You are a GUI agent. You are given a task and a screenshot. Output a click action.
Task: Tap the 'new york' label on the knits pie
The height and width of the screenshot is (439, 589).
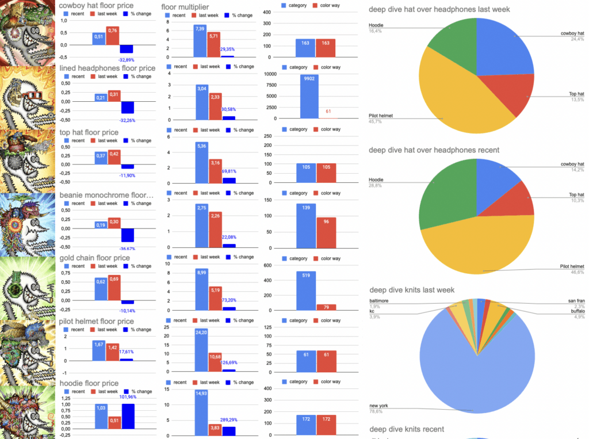pyautogui.click(x=379, y=406)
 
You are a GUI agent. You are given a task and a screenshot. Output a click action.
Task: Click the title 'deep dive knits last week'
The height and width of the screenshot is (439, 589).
pyautogui.click(x=411, y=290)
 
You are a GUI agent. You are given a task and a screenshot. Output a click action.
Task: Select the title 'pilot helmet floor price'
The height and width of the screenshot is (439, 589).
pyautogui.click(x=97, y=321)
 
